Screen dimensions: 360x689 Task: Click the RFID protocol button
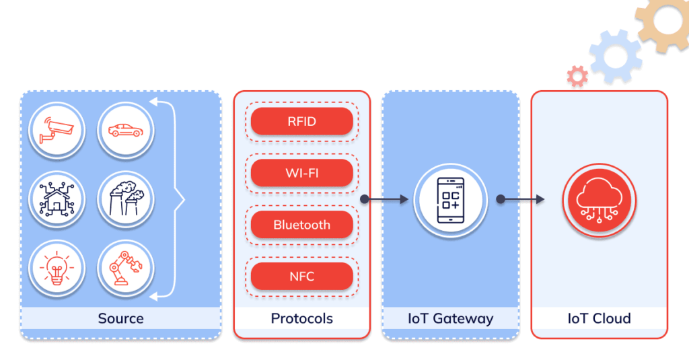point(301,122)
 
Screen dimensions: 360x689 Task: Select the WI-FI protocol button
point(301,173)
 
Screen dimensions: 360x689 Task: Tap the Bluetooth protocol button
point(301,225)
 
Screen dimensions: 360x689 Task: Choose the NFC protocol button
point(301,276)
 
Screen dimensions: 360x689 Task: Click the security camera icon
point(57,129)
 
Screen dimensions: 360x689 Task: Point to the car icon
point(126,129)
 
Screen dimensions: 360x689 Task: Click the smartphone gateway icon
point(450,199)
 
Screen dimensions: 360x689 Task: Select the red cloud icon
point(599,199)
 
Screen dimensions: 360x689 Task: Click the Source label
point(120,318)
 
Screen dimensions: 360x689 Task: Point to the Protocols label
point(301,318)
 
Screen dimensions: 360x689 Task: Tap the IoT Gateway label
point(450,318)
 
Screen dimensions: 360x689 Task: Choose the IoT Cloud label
point(599,318)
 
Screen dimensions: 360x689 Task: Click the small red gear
point(577,76)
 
